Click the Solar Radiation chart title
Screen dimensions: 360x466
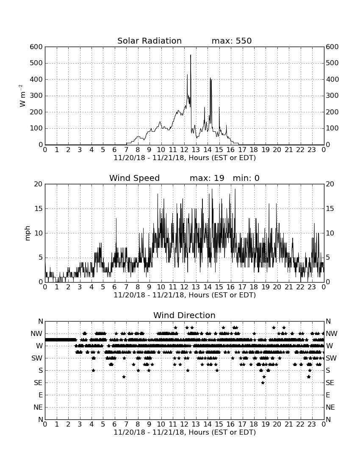(x=150, y=41)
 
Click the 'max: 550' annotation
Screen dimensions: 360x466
(x=232, y=41)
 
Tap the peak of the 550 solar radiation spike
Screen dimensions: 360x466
(x=191, y=55)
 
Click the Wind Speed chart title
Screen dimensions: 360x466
(x=135, y=178)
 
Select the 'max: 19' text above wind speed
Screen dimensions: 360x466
(x=207, y=178)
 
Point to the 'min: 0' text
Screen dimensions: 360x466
(x=246, y=178)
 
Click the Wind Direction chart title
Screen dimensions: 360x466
(x=185, y=315)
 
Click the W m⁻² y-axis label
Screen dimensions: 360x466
(x=22, y=96)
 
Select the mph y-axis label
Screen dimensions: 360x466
(x=28, y=233)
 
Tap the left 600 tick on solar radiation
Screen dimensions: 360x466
(x=36, y=47)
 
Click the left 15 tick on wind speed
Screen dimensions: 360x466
(x=39, y=208)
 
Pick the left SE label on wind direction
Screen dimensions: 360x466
(x=38, y=383)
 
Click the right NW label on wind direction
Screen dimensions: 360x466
(x=332, y=334)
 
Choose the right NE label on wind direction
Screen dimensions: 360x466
(x=330, y=408)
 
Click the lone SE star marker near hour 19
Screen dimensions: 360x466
(x=263, y=383)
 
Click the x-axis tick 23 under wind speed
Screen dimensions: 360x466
(x=312, y=287)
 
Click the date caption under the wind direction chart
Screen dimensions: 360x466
(x=185, y=432)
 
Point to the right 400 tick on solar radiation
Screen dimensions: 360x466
(x=332, y=79)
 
